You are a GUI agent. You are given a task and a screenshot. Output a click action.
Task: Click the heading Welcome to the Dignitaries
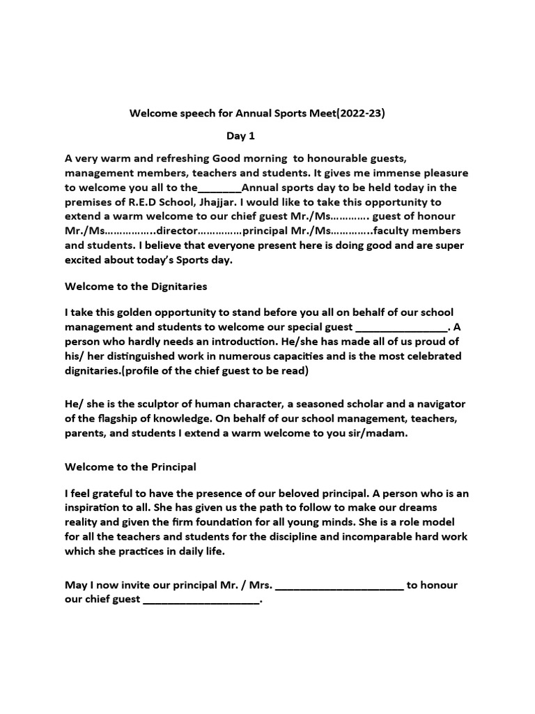tap(136, 286)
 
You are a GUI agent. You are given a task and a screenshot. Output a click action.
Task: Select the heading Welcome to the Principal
tap(130, 466)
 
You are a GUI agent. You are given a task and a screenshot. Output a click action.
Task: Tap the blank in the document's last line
tap(201, 599)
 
